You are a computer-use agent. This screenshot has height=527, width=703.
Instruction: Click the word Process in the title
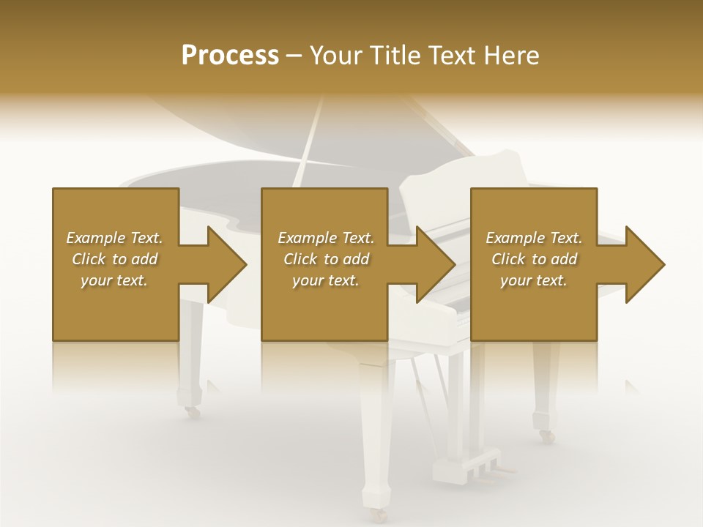(230, 56)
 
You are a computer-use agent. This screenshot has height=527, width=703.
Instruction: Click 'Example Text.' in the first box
(114, 238)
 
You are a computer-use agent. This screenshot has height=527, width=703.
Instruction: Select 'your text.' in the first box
(114, 280)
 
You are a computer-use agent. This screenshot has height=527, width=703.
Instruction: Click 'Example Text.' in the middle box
(326, 238)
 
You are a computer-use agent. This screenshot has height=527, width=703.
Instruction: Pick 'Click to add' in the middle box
(326, 259)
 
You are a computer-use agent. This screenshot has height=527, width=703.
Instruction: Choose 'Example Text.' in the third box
(534, 238)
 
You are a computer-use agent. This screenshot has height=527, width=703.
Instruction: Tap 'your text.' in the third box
(534, 280)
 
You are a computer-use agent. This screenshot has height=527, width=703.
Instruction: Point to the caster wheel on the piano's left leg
(193, 412)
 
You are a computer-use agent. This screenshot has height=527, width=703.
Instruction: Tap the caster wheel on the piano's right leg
(546, 436)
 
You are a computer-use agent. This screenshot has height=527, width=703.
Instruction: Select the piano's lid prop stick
(308, 143)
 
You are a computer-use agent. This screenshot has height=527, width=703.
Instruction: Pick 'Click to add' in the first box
(114, 259)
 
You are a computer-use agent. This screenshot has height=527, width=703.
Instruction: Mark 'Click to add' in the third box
(534, 259)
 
